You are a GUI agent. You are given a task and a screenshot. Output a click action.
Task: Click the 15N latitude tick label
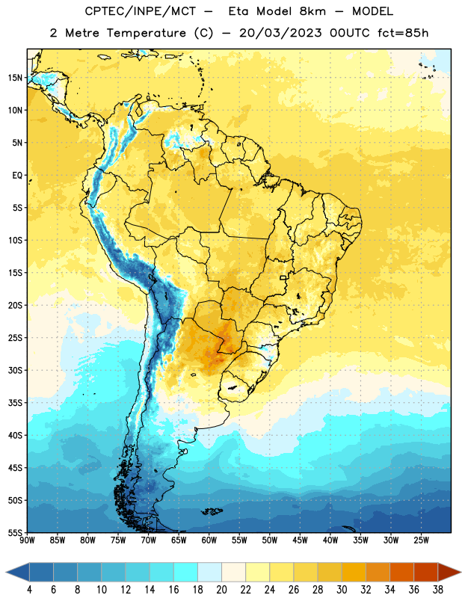tap(15, 78)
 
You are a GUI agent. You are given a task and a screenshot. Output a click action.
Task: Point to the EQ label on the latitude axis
tap(17, 176)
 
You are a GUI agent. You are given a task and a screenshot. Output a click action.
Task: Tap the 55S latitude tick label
tap(15, 532)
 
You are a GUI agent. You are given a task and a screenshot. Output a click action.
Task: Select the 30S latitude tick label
tap(15, 370)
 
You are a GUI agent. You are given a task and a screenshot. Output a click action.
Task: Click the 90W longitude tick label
tap(27, 540)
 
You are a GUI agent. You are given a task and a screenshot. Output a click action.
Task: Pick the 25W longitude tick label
tap(421, 540)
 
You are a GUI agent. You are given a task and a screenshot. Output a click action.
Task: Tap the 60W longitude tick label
tap(209, 540)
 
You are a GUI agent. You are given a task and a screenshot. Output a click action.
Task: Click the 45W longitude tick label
tap(300, 540)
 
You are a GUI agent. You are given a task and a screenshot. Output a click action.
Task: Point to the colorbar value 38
tap(438, 590)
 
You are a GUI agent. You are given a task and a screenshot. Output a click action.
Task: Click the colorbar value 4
tap(29, 590)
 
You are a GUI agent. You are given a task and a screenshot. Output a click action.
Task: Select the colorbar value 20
tap(221, 590)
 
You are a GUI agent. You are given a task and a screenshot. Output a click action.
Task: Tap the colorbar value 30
tap(342, 590)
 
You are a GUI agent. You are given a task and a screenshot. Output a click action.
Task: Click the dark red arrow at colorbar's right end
tap(449, 572)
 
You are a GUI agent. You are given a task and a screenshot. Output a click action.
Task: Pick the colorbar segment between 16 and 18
tap(186, 572)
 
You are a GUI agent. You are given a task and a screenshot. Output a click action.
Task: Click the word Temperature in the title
tap(147, 33)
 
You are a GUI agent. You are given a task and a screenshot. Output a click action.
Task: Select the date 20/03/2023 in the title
tap(280, 33)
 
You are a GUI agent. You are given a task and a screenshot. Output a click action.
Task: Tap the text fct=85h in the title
tap(403, 33)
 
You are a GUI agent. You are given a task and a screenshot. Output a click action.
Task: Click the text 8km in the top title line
tap(312, 11)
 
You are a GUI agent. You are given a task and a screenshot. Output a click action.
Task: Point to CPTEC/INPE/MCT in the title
tap(141, 11)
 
